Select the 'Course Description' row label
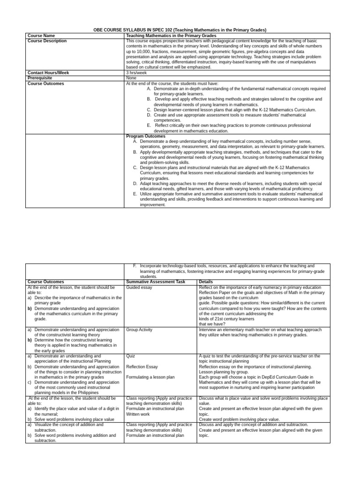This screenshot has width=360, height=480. pos(47,41)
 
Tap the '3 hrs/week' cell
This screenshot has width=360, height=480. pos(136,73)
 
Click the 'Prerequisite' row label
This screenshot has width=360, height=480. pos(40,78)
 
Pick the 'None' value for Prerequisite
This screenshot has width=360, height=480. pos(131,78)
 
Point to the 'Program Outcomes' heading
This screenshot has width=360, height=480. pos(146,136)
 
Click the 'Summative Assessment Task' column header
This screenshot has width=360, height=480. pos(156,282)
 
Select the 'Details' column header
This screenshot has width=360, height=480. pos(206,282)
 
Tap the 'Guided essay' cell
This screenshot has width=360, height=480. pos(139,287)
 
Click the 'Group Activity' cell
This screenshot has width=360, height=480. pos(139,330)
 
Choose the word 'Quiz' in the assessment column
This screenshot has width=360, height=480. pos(131,356)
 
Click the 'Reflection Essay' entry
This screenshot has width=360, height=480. pos(142,367)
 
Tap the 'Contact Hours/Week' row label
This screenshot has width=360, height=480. pos(48,73)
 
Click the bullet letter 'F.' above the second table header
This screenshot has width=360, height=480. pos(135,266)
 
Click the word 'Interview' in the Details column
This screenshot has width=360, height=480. pos(208,330)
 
